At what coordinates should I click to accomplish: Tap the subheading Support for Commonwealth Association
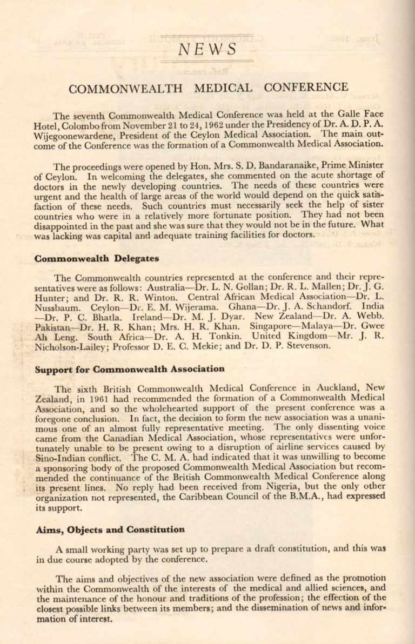click(x=129, y=370)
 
